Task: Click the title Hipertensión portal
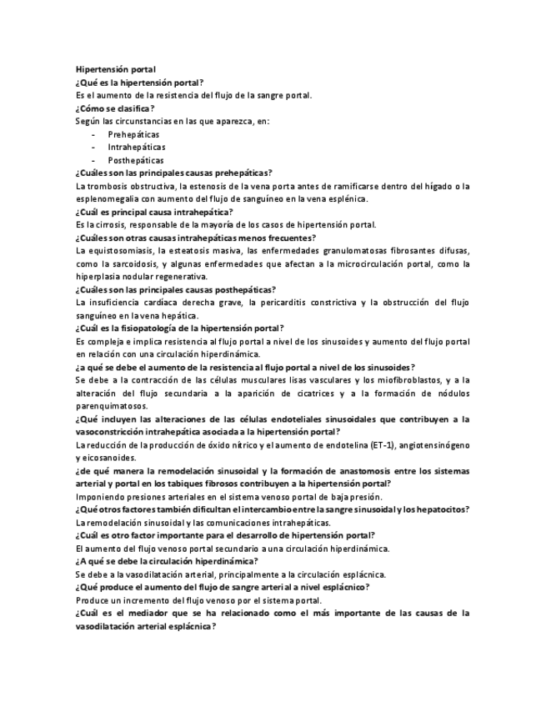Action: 115,70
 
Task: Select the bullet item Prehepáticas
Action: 133,133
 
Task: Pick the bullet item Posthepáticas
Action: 136,160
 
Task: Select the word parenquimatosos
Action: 111,405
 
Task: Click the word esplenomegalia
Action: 106,198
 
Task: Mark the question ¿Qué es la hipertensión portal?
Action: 139,83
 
